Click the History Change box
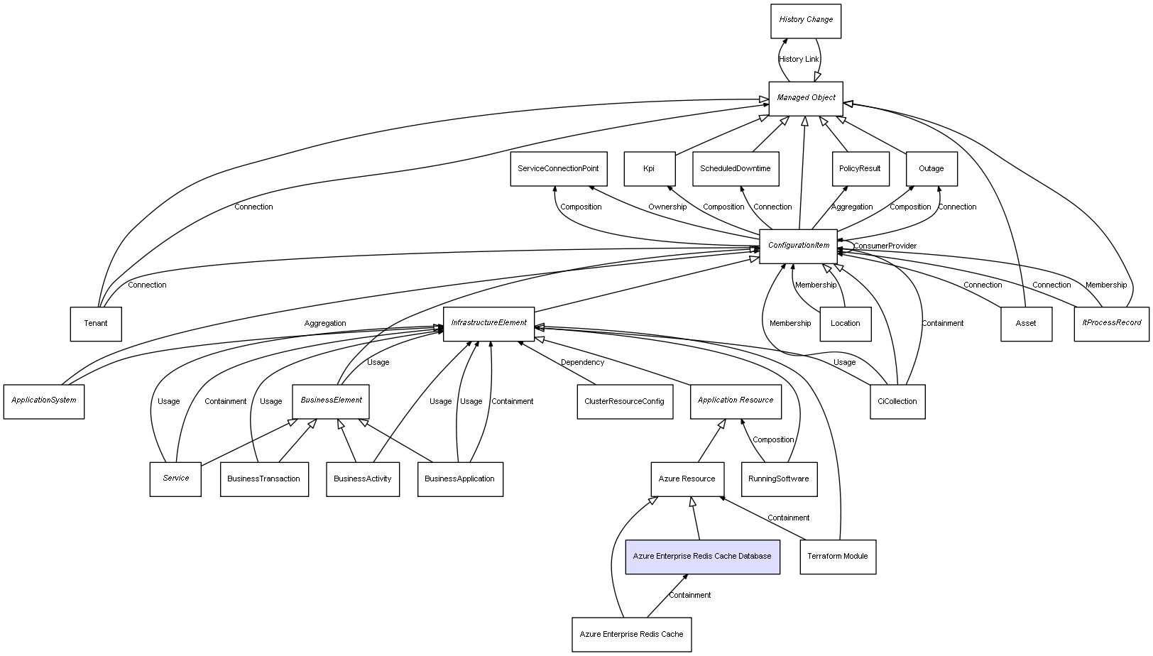806,21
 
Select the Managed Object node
806,98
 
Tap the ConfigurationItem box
799,246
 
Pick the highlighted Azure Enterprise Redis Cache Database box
702,557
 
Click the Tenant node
96,324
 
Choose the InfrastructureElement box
488,324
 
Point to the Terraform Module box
838,557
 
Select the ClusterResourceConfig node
625,402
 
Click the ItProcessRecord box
1111,324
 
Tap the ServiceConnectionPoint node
558,169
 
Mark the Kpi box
649,169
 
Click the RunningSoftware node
779,479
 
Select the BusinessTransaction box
264,479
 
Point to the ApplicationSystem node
44,401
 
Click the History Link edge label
799,60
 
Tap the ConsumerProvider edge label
885,246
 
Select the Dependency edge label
582,363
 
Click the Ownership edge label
667,207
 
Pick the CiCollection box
897,402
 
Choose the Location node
845,324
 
